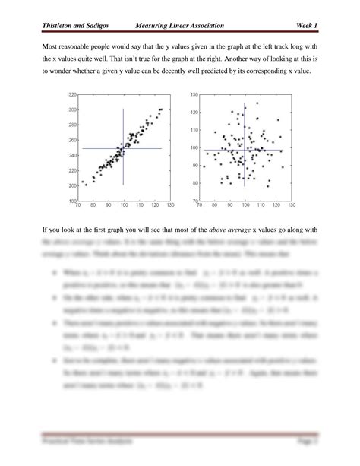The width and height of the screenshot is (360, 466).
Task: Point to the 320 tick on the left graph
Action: click(73, 95)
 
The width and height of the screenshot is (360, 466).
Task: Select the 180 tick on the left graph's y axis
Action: click(73, 201)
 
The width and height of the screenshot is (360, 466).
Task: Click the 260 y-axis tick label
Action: click(73, 141)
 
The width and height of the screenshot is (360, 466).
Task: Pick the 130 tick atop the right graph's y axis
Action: click(194, 95)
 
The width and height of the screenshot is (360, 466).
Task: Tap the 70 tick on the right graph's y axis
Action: click(194, 201)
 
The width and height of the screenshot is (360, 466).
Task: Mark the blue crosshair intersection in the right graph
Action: click(245, 150)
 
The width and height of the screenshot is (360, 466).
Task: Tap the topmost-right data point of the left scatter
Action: click(161, 109)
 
